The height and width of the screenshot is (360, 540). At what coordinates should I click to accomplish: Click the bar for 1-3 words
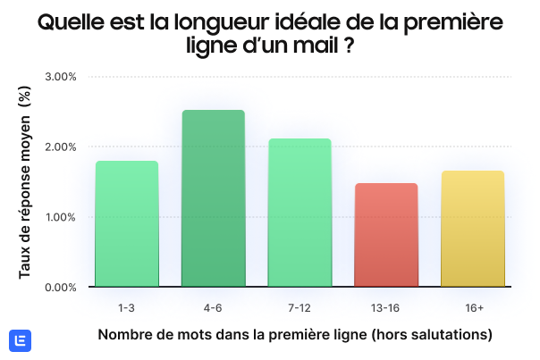pyautogui.click(x=127, y=224)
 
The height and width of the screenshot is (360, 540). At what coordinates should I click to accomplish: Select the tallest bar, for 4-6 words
pyautogui.click(x=213, y=198)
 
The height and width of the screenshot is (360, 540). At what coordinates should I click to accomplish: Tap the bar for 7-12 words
pyautogui.click(x=300, y=213)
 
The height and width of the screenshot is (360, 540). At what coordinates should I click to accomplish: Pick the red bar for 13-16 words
pyautogui.click(x=386, y=235)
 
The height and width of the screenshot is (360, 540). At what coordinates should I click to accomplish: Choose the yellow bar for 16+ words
pyautogui.click(x=473, y=229)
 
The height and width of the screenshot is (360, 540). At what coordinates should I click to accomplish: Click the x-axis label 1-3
pyautogui.click(x=127, y=307)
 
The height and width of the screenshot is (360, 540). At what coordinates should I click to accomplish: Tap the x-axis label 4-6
pyautogui.click(x=213, y=307)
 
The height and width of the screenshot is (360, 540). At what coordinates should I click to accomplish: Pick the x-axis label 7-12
pyautogui.click(x=300, y=307)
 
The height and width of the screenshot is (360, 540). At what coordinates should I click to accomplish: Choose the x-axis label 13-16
pyautogui.click(x=386, y=307)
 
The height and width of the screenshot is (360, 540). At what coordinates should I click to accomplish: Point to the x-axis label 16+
pyautogui.click(x=473, y=307)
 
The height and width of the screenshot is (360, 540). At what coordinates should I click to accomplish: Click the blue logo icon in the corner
pyautogui.click(x=20, y=340)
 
